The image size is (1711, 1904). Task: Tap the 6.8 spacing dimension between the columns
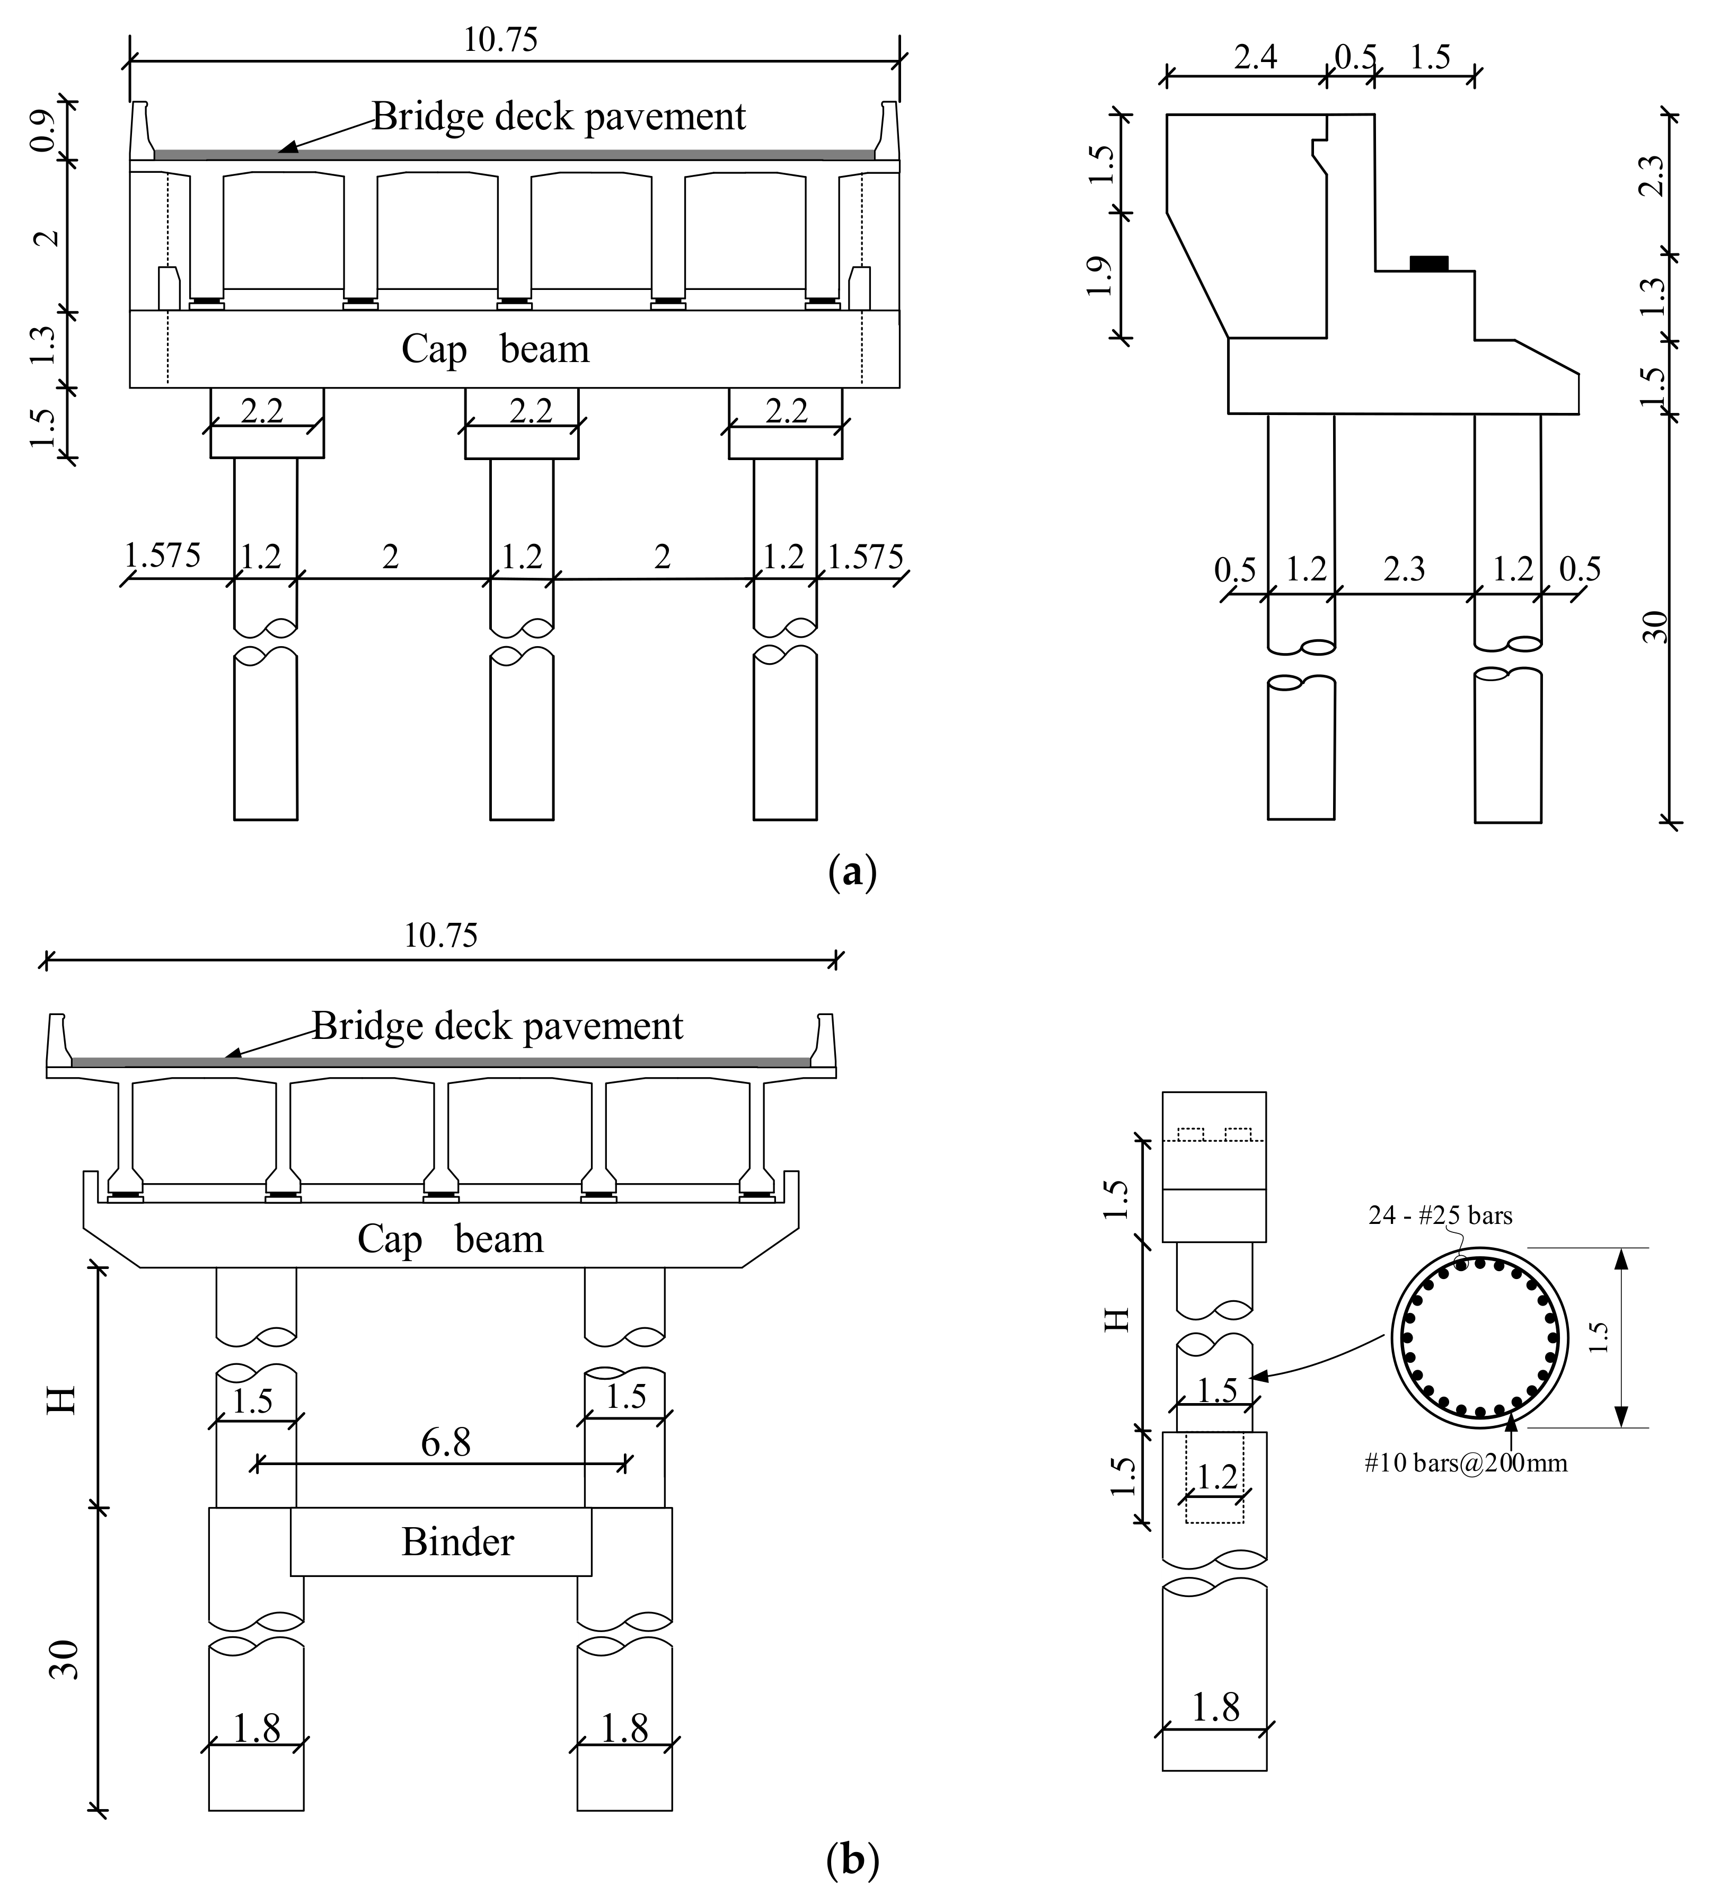point(446,1442)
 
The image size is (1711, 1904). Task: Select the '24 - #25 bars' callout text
point(1440,1216)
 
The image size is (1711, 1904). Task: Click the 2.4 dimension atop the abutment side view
point(1255,58)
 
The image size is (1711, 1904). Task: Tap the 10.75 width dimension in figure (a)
point(501,40)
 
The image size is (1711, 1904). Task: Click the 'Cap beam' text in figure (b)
point(451,1239)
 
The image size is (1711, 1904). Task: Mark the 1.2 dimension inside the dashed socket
point(1216,1477)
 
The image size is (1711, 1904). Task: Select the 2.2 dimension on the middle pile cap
point(530,411)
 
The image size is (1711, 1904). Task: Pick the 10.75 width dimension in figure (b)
point(441,936)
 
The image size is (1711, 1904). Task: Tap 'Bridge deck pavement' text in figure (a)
point(559,117)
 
